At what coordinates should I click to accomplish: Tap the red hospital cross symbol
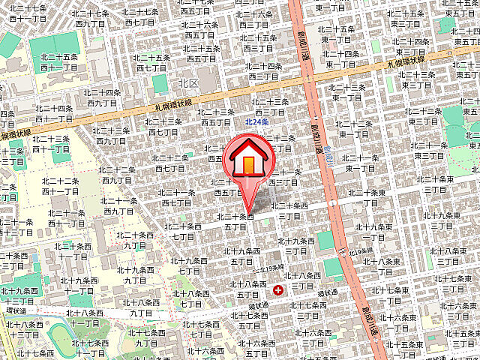pyautogui.click(x=279, y=289)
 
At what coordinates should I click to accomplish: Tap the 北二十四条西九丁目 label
pyautogui.click(x=103, y=97)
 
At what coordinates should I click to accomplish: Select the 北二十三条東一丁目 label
pyautogui.click(x=347, y=91)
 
